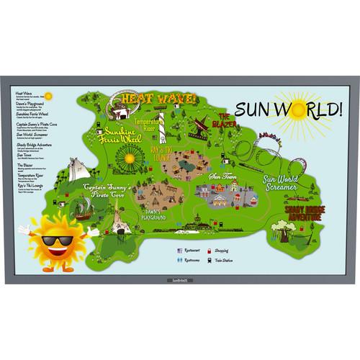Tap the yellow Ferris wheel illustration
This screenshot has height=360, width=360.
pyautogui.click(x=130, y=156)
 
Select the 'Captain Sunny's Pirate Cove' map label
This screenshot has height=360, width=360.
pyautogui.click(x=107, y=191)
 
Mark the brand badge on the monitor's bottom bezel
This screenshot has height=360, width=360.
pyautogui.click(x=179, y=280)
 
